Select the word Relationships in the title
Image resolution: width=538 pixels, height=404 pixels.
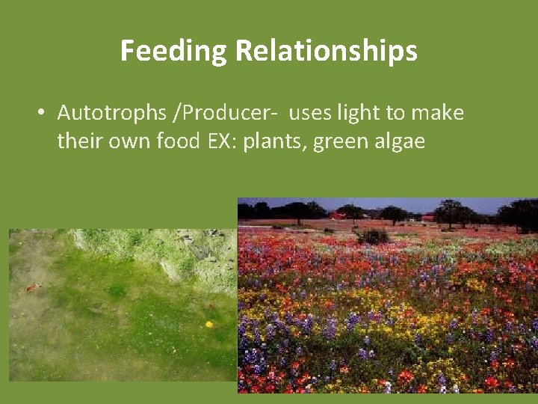(x=326, y=52)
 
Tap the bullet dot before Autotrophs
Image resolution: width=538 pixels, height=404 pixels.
(x=43, y=114)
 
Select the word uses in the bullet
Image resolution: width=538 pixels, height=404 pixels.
(x=308, y=113)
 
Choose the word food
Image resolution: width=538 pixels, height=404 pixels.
(x=176, y=141)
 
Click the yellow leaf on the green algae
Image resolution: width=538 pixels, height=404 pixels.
(x=209, y=324)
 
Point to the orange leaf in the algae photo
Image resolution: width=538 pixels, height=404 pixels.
(x=31, y=287)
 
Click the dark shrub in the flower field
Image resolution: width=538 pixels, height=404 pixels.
(x=371, y=236)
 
